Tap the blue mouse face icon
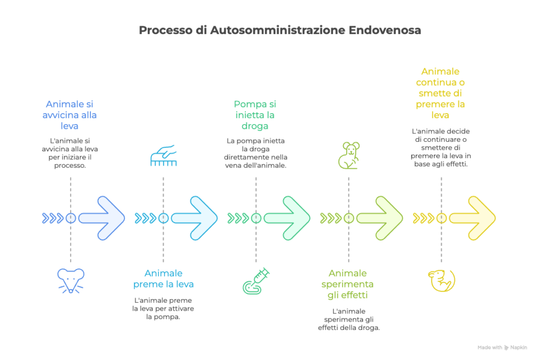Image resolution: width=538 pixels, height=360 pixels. tap(70, 280)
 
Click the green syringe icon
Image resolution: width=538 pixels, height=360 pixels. tap(256, 281)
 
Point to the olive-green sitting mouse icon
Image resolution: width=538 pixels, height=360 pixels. tap(348, 155)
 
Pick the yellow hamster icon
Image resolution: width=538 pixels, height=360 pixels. tap(441, 280)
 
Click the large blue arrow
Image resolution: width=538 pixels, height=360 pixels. tap(102, 218)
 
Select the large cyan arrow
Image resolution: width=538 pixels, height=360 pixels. tap(194, 218)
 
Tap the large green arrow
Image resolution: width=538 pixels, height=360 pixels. tap(287, 218)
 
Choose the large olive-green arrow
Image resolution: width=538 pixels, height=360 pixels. tap(380, 218)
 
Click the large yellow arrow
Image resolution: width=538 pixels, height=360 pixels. tap(472, 218)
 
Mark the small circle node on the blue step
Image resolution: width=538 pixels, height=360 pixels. tap(70, 218)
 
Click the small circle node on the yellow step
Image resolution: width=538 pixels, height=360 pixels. tap(441, 218)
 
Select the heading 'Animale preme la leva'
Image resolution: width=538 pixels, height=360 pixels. tap(163, 279)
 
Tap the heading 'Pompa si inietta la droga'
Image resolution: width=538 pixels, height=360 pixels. tap(255, 115)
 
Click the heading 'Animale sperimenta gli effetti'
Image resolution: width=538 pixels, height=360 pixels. tap(348, 284)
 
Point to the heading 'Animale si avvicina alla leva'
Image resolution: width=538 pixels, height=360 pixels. tap(70, 115)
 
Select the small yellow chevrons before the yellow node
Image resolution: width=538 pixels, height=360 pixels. tap(422, 218)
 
